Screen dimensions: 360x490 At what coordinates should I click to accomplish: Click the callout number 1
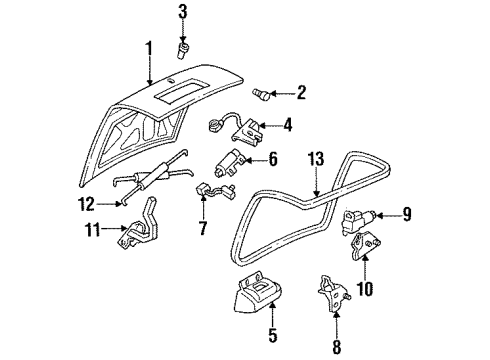pyautogui.click(x=149, y=47)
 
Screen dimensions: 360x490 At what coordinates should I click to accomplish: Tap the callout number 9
pyautogui.click(x=405, y=214)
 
